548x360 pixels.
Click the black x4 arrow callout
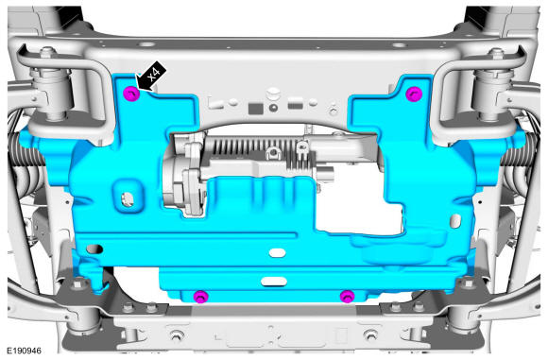pyautogui.click(x=152, y=77)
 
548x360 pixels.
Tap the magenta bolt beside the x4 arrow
pyautogui.click(x=131, y=94)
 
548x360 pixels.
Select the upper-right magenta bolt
pyautogui.click(x=414, y=94)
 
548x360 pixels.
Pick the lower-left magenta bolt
pyautogui.click(x=200, y=297)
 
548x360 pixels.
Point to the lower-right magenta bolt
pyautogui.click(x=348, y=297)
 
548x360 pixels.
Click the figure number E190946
pyautogui.click(x=25, y=351)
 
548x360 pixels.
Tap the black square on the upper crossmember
pyautogui.click(x=255, y=109)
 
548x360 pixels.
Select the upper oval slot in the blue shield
pyautogui.click(x=278, y=252)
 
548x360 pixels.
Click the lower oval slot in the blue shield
pyautogui.click(x=274, y=282)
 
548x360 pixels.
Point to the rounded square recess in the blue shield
pyautogui.click(x=128, y=197)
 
